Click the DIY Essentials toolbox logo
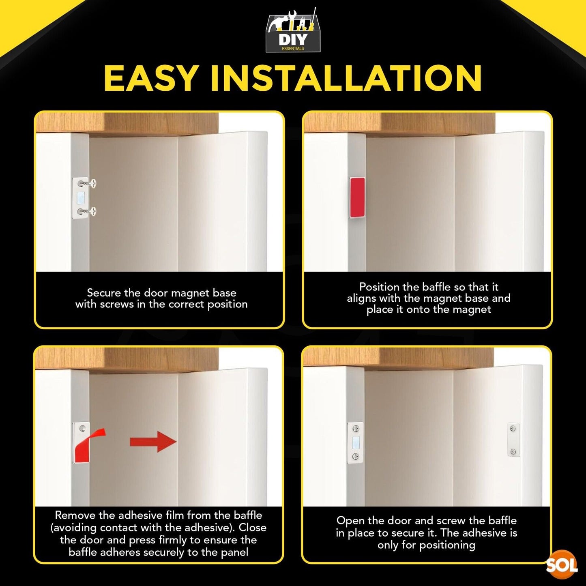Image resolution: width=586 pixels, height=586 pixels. (293, 30)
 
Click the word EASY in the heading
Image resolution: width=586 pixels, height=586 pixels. (150, 78)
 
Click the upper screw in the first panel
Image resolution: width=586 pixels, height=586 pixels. (87, 183)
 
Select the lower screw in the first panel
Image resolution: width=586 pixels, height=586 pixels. (87, 211)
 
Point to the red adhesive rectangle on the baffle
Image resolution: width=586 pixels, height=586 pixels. (357, 197)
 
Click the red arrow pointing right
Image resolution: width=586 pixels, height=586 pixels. (153, 442)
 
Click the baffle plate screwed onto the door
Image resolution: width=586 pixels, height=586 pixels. (513, 440)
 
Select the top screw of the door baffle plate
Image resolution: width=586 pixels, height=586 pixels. (513, 429)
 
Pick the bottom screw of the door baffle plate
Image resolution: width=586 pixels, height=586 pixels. (513, 452)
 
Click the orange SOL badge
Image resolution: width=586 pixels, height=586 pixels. (562, 565)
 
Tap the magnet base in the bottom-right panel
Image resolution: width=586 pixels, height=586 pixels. (355, 442)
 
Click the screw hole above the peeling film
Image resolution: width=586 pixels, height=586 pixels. (82, 428)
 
